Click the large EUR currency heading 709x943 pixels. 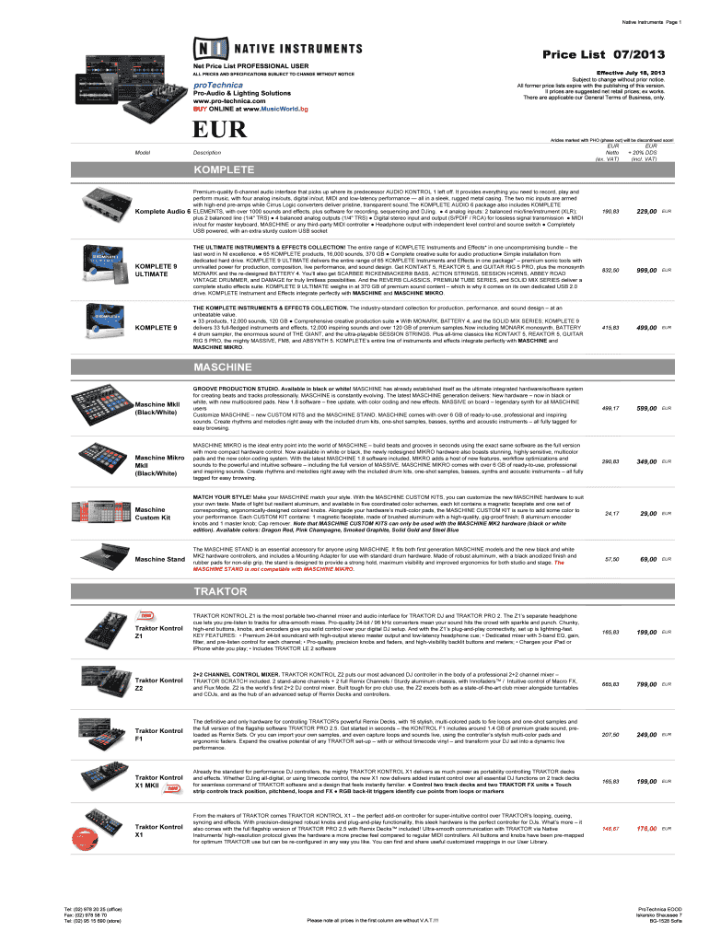(219, 129)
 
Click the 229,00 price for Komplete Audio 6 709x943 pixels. (645, 213)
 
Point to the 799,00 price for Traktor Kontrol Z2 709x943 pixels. (645, 684)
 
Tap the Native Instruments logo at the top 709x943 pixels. (277, 48)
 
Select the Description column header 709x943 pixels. (206, 152)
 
